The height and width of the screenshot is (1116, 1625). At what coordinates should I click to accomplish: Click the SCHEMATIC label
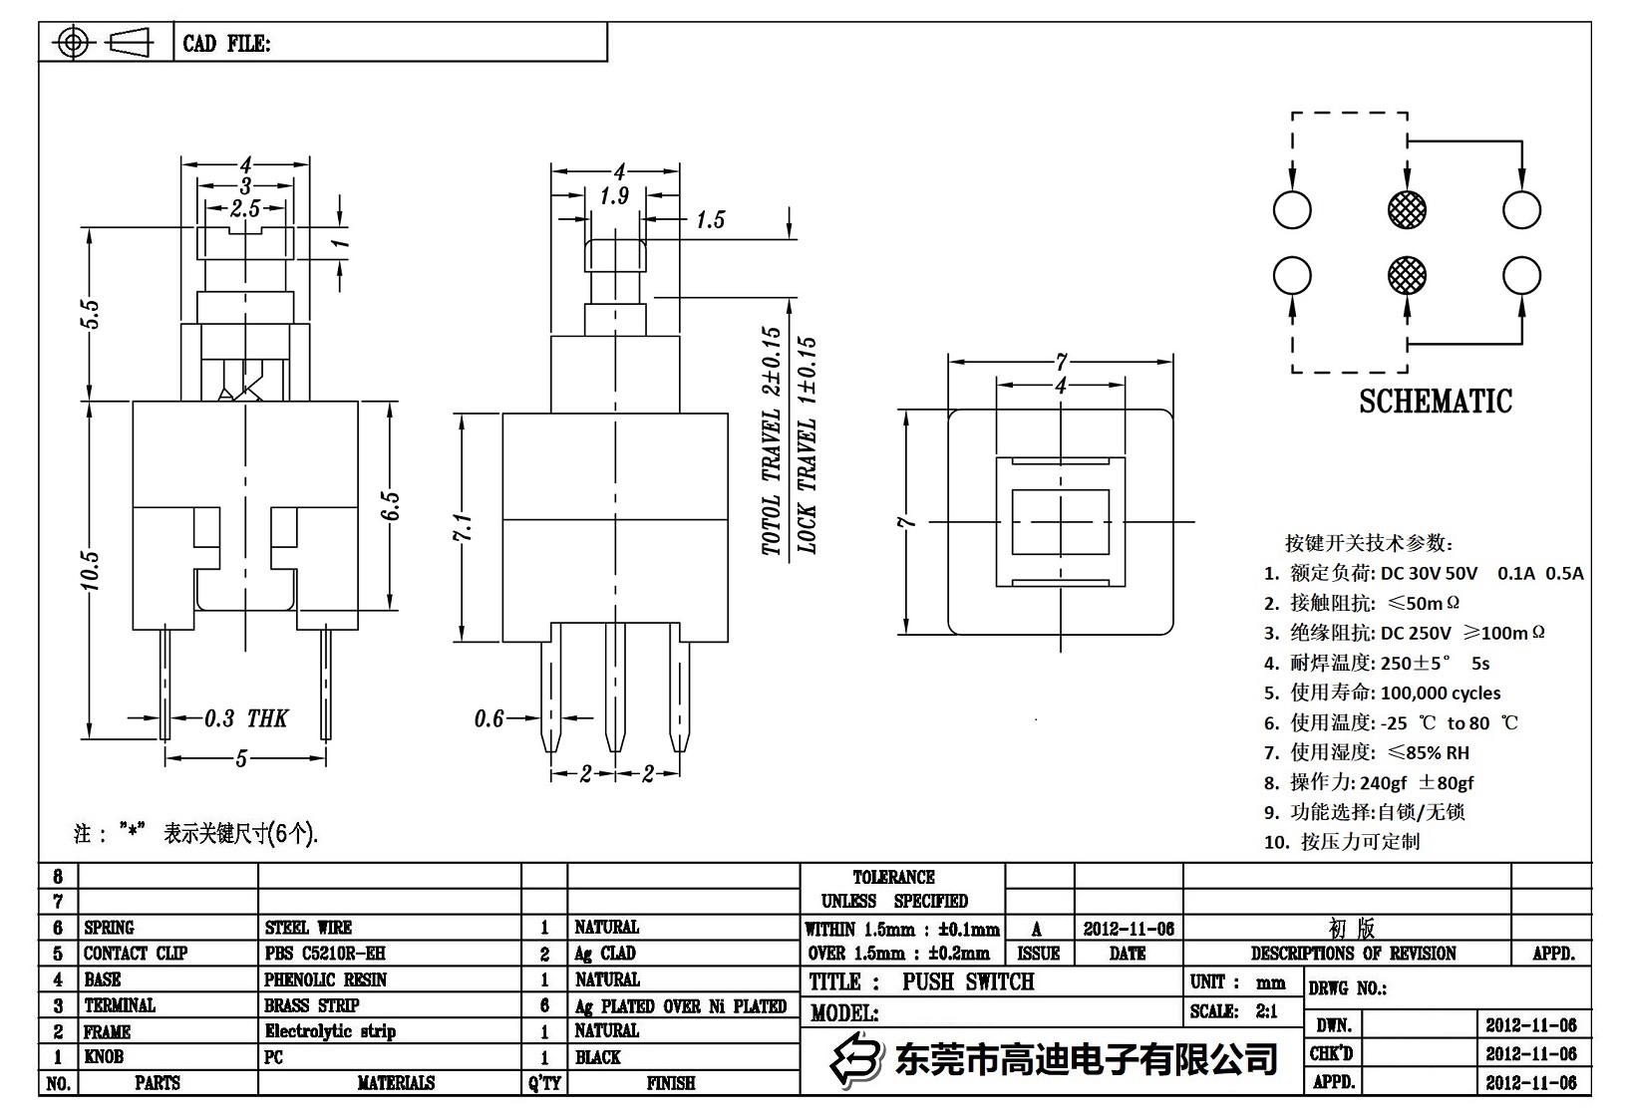point(1436,402)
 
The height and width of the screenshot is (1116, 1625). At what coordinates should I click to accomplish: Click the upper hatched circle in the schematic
point(1407,209)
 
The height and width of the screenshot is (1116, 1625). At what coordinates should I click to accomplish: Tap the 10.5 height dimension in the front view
point(90,570)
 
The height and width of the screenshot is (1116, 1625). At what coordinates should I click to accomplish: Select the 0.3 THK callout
point(245,718)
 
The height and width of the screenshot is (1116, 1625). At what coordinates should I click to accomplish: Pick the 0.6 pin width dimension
point(488,718)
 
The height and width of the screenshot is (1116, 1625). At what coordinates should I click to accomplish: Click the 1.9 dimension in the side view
point(614,196)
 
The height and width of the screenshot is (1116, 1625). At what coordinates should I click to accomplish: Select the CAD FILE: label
point(226,44)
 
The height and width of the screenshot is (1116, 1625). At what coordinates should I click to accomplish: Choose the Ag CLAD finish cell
point(605,954)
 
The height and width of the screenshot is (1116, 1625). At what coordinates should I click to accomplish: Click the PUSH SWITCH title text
point(967,981)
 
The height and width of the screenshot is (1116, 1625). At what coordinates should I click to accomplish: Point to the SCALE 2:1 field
point(1233,1011)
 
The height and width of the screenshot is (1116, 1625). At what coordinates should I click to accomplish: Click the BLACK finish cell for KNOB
point(598,1057)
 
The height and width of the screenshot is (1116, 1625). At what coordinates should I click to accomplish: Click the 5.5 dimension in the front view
point(90,314)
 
